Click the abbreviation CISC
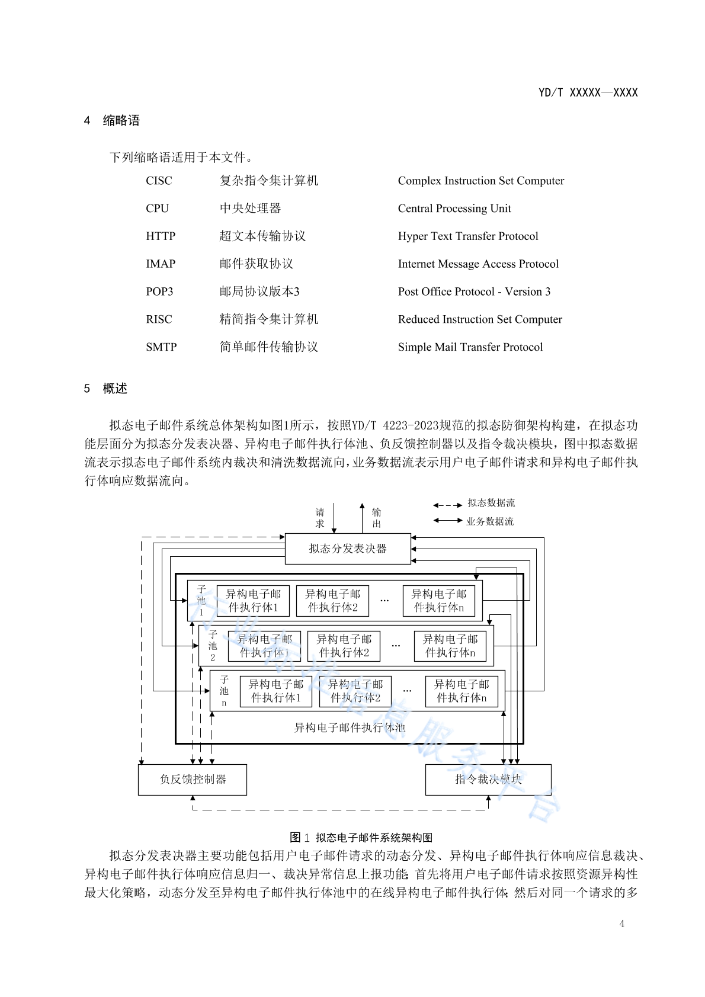point(159,181)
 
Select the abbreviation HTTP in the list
point(161,236)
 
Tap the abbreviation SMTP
point(161,347)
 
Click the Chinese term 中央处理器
point(250,209)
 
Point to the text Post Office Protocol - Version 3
point(474,291)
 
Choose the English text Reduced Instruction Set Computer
point(480,319)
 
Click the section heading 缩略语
point(121,121)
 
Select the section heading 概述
point(115,389)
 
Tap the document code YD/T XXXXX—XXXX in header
point(588,92)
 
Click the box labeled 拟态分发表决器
point(348,549)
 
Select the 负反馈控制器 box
point(193,780)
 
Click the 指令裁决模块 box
point(488,780)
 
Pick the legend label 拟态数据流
point(491,503)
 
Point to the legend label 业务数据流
point(489,521)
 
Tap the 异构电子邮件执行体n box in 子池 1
point(439,601)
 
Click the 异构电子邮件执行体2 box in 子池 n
point(355,691)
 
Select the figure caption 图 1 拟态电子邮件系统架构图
point(361,837)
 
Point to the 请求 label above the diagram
point(320,518)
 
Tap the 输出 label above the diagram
point(377,518)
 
